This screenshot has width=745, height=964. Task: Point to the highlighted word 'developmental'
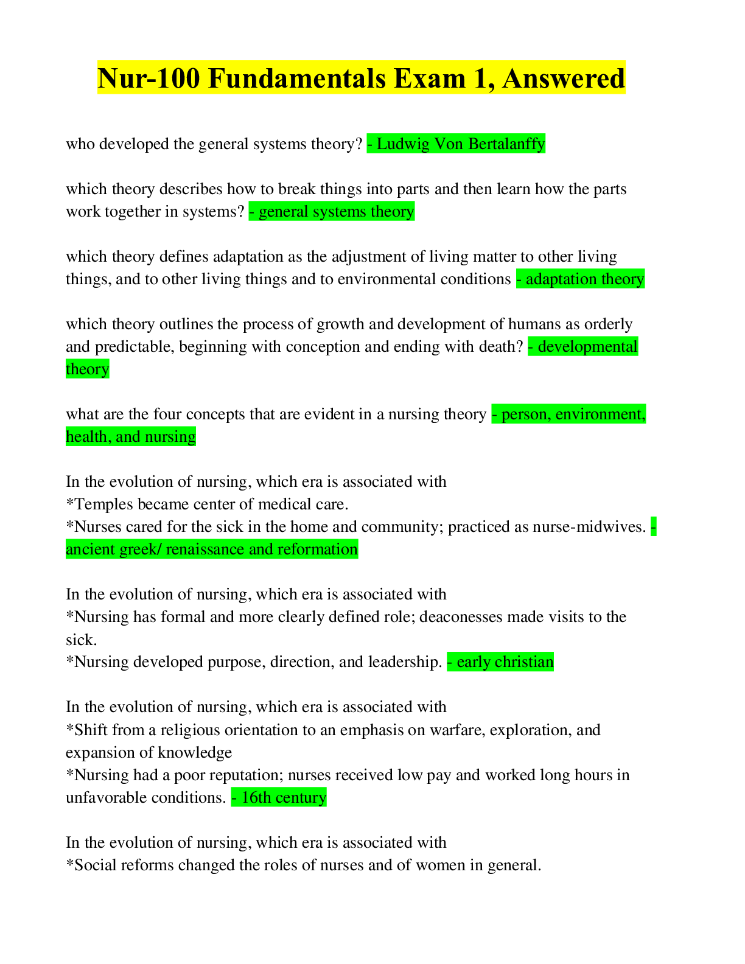(x=587, y=347)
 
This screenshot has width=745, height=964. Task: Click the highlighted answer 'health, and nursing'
(x=131, y=437)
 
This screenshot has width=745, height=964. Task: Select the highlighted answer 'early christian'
(x=505, y=662)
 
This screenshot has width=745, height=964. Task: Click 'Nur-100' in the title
(x=148, y=79)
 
